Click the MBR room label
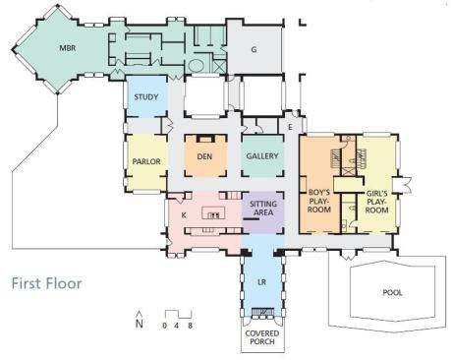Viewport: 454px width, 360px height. (x=68, y=48)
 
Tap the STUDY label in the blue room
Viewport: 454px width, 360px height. (x=146, y=97)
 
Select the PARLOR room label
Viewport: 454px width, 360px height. (x=146, y=161)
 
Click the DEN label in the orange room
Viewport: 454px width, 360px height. (x=204, y=156)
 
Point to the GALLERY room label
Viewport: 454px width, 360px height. (x=262, y=156)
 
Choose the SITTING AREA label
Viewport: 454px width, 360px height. (x=263, y=209)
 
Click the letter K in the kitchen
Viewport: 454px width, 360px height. (x=184, y=215)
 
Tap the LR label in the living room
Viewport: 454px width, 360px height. (x=261, y=282)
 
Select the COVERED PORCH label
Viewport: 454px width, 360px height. (x=262, y=337)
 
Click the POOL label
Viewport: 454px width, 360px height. (x=392, y=292)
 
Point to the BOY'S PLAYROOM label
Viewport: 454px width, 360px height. (x=319, y=201)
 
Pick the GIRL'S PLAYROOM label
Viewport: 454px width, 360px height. (x=377, y=202)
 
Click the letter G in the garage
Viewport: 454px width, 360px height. (x=254, y=50)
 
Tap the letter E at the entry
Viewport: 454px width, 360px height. (x=290, y=127)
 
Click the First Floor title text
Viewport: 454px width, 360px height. (x=47, y=283)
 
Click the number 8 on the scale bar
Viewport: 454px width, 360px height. (x=191, y=326)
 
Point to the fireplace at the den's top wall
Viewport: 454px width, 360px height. (x=206, y=139)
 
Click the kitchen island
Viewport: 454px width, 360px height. (x=213, y=212)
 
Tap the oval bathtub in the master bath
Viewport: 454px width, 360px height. (x=197, y=66)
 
